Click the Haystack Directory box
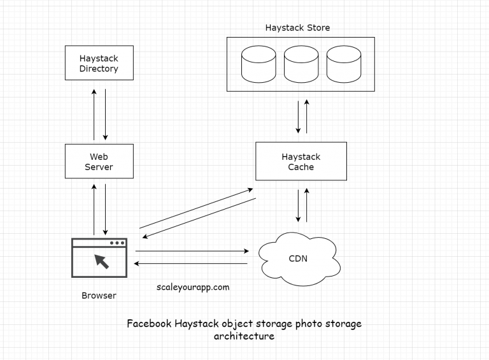click(x=99, y=62)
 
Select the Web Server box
click(x=99, y=161)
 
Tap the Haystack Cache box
click(x=301, y=161)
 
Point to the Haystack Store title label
click(x=297, y=28)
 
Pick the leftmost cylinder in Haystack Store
click(x=258, y=62)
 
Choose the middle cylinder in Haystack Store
click(x=300, y=62)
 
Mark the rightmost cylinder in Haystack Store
click(x=343, y=62)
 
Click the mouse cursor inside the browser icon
click(x=101, y=261)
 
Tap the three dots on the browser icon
click(x=117, y=243)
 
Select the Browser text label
click(x=99, y=296)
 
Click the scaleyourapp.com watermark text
click(x=193, y=287)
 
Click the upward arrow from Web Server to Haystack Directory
click(x=94, y=115)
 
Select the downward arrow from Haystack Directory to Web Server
click(x=106, y=115)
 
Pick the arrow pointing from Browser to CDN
click(x=191, y=251)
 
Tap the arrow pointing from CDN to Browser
click(x=191, y=263)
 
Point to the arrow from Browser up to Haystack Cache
click(x=194, y=208)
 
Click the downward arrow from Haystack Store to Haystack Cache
click(x=297, y=116)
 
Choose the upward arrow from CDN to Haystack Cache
click(x=307, y=204)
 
